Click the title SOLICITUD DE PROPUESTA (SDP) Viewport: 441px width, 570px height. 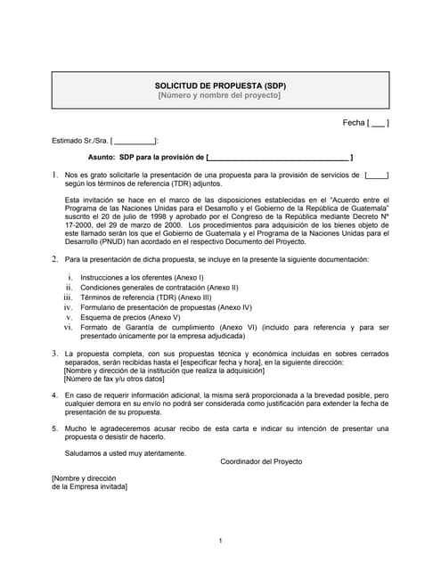(220, 85)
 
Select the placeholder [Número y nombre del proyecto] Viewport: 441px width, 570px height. (220, 95)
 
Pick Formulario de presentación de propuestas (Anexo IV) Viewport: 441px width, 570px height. (166, 307)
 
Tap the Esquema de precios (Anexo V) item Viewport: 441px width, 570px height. (129, 317)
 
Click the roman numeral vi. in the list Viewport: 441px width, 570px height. (68, 327)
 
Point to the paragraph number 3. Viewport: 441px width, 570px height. (55, 354)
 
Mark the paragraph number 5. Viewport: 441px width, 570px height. (55, 428)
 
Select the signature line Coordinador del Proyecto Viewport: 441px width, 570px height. (261, 461)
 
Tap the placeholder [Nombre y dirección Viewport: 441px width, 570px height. (84, 478)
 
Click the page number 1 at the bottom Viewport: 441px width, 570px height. (220, 541)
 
